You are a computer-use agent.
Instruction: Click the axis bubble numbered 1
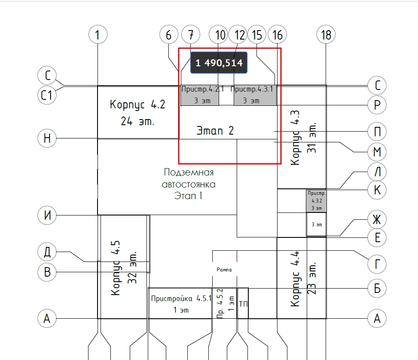tap(98, 35)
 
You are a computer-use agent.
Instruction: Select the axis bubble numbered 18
tap(326, 35)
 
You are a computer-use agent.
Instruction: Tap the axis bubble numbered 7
tap(191, 35)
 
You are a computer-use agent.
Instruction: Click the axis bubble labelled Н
tap(47, 138)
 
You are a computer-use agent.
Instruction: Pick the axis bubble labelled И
tap(47, 215)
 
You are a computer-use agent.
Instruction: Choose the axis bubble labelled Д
tap(47, 252)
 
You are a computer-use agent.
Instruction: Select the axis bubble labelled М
tap(378, 152)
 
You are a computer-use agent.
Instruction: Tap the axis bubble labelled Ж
tap(377, 220)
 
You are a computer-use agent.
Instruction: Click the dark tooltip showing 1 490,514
tap(219, 63)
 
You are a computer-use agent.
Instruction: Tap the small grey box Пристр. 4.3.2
tap(316, 201)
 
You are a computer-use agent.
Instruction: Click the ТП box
tap(243, 304)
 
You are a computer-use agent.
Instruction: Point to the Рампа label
tap(224, 270)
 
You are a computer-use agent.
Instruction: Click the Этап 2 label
tap(215, 130)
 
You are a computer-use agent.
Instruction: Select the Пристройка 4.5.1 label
tap(180, 304)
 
